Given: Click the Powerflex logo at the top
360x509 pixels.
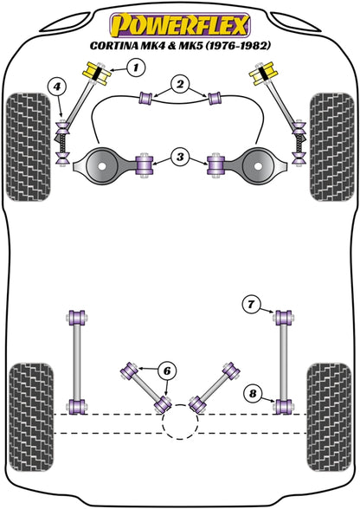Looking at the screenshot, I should click(179, 21).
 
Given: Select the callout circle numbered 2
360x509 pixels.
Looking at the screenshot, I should click(179, 85).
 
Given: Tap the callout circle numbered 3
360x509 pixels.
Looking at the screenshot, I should click(179, 158).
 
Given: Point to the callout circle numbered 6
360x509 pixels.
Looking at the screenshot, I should click(167, 370).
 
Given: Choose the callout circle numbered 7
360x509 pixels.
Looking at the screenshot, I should click(249, 304).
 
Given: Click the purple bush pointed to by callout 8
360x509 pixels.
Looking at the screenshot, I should click(283, 406).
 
